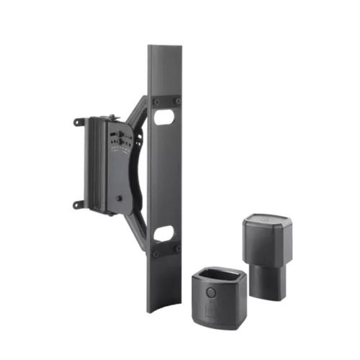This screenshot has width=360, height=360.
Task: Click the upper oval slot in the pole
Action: [164, 117]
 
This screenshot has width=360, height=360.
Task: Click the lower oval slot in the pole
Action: [164, 233]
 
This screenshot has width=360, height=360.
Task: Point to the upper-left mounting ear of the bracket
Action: [78, 122]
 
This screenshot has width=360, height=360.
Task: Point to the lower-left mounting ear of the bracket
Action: [78, 204]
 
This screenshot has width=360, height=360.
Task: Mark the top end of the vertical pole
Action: [165, 48]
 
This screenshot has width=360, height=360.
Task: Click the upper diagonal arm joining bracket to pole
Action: [137, 112]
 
